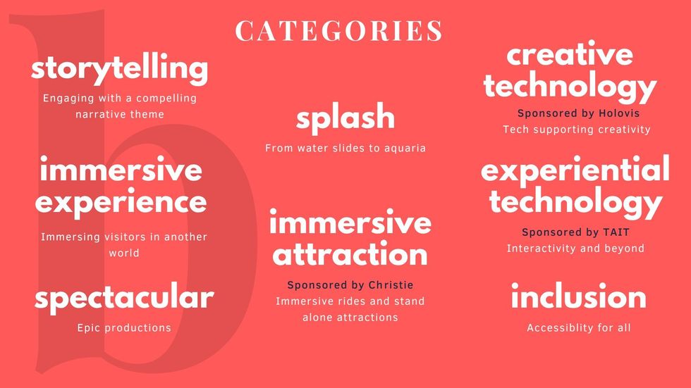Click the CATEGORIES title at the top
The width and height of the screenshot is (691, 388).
pos(338,30)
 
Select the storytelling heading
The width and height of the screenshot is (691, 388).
pos(119,68)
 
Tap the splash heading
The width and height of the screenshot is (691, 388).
pos(345,118)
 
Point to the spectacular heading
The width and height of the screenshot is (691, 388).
pos(124,298)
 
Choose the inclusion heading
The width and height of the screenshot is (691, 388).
pos(579,296)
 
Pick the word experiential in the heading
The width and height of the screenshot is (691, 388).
pos(575,170)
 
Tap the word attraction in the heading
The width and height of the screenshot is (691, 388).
pos(350,254)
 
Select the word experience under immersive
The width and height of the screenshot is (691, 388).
pos(121,203)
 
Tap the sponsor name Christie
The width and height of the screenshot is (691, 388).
pos(391,285)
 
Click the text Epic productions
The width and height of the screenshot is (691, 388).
pos(124,327)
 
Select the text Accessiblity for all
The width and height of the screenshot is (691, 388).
pos(579,327)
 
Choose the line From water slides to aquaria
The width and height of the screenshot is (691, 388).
pos(345,149)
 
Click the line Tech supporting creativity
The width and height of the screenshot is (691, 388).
pos(577,130)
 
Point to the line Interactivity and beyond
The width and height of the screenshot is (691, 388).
pos(575,249)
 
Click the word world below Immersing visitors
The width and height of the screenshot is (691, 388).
pos(124,253)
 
